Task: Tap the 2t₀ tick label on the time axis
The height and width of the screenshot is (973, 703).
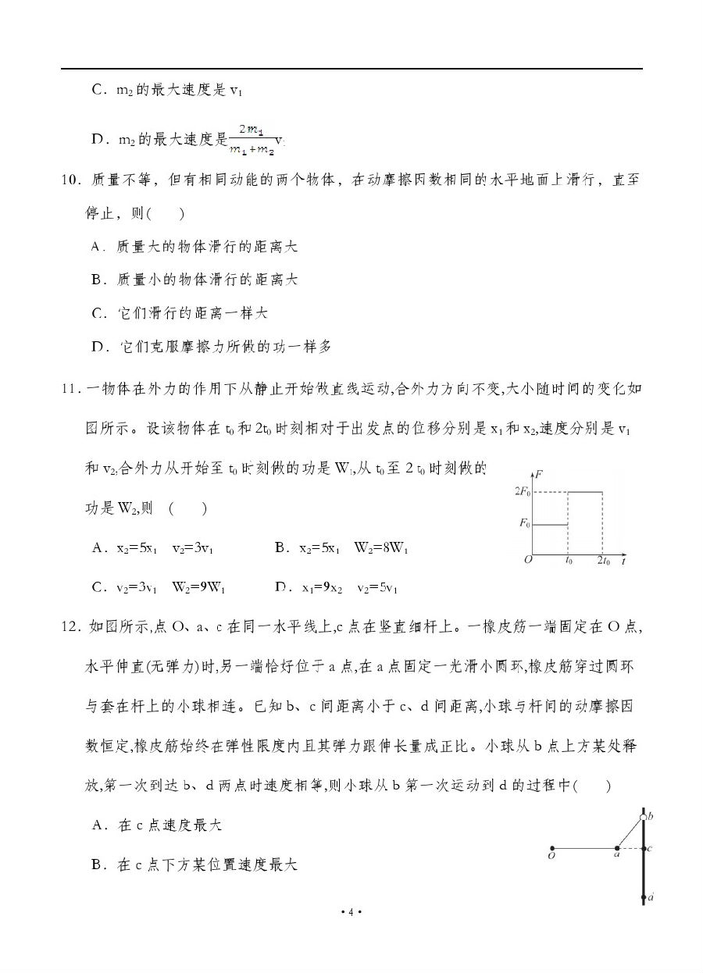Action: point(603,561)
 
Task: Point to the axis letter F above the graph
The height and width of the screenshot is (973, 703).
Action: point(541,474)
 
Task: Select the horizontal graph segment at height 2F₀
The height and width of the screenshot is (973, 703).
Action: point(584,492)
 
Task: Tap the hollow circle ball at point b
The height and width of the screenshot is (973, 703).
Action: point(643,818)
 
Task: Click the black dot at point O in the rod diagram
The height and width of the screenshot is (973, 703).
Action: point(552,848)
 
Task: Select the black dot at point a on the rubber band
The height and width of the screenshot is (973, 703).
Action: point(617,848)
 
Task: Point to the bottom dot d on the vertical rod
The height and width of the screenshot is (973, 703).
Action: point(643,899)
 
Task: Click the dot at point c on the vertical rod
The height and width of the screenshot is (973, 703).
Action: point(643,848)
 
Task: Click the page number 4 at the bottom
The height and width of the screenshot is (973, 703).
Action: point(351,912)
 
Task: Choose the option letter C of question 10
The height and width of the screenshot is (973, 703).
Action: point(98,313)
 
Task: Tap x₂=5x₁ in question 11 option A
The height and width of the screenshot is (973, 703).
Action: point(137,548)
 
